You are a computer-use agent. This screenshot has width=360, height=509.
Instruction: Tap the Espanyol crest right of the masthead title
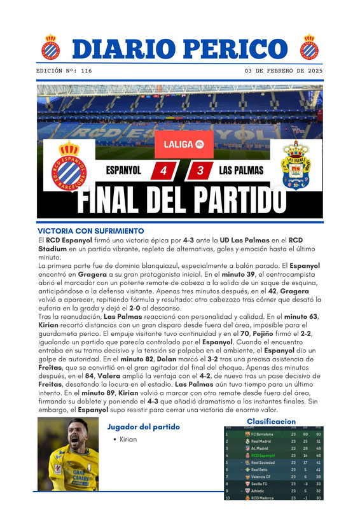[309, 46]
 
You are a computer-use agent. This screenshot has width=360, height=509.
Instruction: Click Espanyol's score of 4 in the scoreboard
[164, 171]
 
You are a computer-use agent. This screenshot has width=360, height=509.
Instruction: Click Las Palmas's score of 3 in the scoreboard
[200, 171]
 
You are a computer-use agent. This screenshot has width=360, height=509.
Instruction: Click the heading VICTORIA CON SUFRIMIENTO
[91, 230]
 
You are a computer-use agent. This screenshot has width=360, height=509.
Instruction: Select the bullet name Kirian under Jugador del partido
[128, 440]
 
